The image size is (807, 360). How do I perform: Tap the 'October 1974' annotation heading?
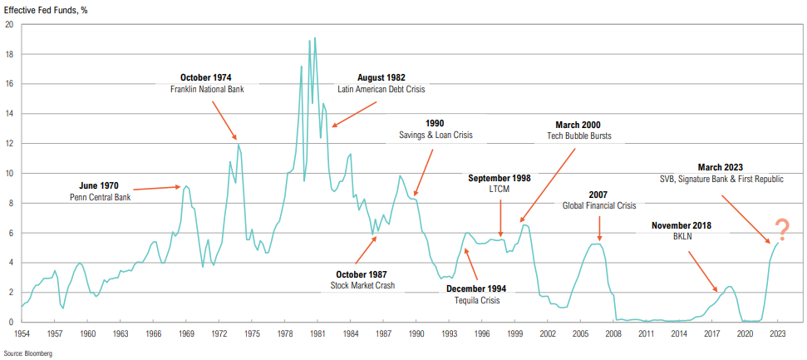point(206,77)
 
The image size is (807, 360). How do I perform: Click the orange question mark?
point(781,228)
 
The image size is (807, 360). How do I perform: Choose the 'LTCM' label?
point(499,190)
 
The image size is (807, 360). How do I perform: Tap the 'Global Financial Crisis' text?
point(598,205)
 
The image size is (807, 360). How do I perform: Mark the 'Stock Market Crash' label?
point(362,285)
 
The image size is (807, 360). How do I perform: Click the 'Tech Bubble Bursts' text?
point(585,136)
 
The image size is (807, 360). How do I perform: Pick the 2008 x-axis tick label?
point(613,333)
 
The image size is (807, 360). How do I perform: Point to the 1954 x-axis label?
point(22,333)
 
